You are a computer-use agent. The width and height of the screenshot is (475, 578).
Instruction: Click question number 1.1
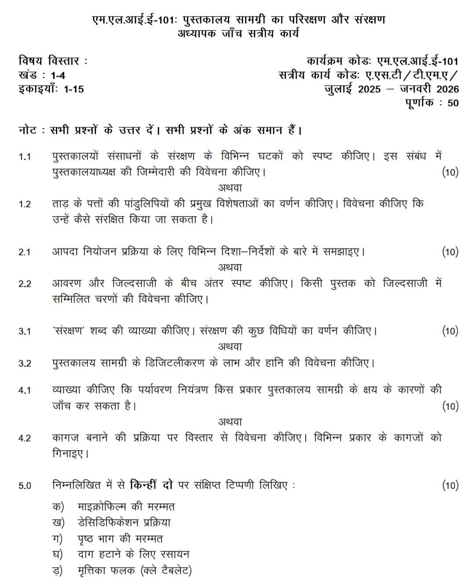point(25,157)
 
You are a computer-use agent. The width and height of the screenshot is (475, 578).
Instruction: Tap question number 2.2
point(25,284)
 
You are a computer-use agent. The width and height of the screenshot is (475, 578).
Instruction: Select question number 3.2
point(25,363)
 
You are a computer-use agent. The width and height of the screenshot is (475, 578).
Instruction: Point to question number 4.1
point(25,390)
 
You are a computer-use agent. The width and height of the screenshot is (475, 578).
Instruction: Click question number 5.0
point(25,486)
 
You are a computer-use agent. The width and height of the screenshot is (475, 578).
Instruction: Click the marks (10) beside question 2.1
point(450,252)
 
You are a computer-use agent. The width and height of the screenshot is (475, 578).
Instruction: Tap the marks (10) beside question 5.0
point(450,485)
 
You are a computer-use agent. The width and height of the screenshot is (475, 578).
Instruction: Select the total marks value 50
point(453,103)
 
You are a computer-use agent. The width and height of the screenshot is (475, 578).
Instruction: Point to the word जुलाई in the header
point(339,89)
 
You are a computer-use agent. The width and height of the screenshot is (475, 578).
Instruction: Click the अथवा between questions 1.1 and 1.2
point(230,188)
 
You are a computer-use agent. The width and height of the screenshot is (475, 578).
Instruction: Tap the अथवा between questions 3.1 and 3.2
point(230,347)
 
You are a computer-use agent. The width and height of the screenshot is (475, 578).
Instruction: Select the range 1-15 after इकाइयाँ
point(73,89)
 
